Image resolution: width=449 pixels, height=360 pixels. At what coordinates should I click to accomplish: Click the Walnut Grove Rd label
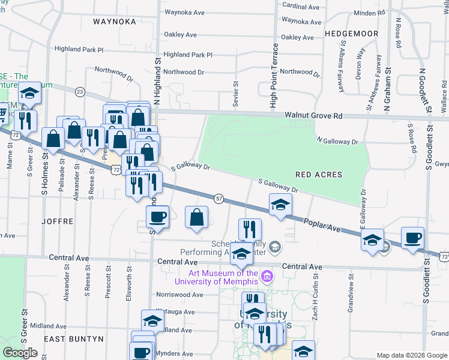313,115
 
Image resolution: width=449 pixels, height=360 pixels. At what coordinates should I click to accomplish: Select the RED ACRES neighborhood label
319,175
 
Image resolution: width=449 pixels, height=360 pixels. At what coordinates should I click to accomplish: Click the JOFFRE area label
58,221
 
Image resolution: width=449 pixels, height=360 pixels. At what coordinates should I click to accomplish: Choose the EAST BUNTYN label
74,338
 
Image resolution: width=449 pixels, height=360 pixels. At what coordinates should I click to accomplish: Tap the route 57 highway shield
218,198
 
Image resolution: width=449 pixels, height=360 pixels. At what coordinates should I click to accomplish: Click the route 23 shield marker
80,91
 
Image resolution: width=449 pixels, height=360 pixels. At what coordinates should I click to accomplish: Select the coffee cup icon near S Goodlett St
412,239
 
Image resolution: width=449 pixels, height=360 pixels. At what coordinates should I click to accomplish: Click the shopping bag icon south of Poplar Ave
197,218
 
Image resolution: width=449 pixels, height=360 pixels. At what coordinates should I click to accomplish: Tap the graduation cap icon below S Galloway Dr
280,205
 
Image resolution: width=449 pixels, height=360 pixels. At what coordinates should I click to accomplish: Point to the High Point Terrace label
273,76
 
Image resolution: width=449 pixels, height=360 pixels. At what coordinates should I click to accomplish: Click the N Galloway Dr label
337,140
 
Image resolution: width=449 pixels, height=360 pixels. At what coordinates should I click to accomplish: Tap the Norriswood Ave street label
179,295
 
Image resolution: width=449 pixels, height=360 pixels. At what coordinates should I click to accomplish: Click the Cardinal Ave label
301,7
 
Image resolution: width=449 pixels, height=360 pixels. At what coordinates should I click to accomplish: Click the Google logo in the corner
20,353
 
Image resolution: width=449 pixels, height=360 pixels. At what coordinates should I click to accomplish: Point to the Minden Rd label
370,13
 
